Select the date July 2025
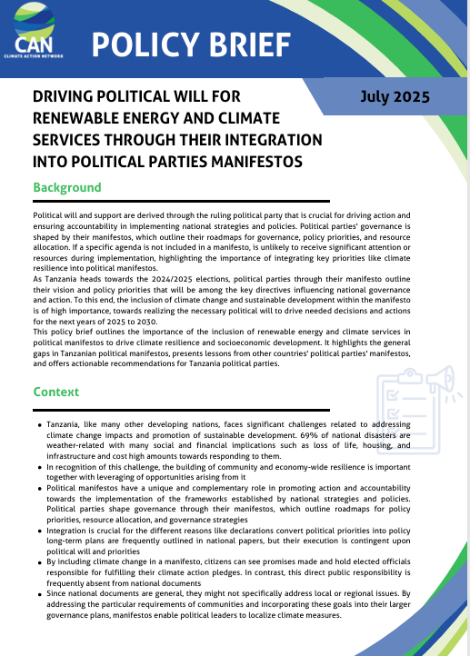click(x=395, y=95)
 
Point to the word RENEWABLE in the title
click(x=79, y=118)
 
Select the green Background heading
click(x=66, y=187)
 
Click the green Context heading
click(x=55, y=392)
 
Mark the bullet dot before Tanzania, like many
click(x=39, y=425)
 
